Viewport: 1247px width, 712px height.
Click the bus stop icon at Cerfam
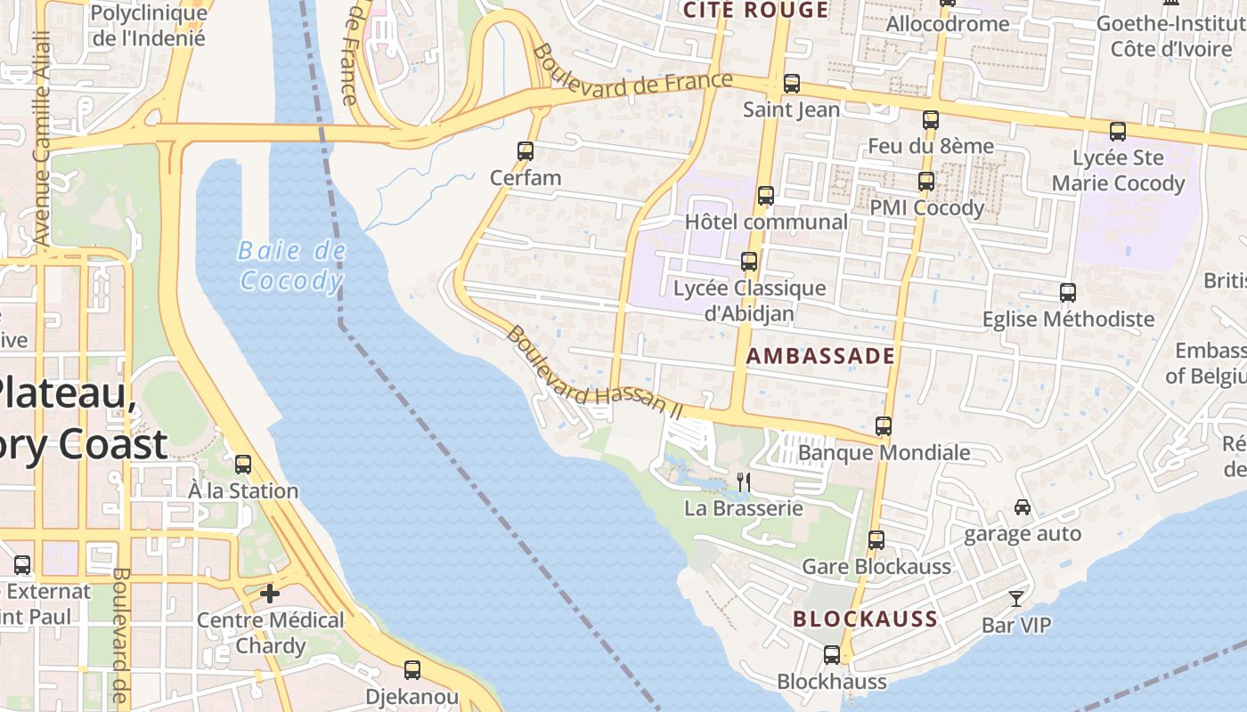click(526, 151)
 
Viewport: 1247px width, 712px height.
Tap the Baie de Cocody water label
click(291, 266)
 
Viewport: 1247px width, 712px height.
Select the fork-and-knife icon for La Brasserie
click(744, 482)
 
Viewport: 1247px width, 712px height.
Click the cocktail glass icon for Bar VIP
click(1015, 598)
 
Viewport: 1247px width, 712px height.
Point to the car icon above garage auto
click(1023, 507)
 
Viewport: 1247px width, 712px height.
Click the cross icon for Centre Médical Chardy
click(270, 593)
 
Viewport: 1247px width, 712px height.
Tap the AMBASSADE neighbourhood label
click(819, 356)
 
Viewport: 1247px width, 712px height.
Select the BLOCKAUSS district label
click(865, 619)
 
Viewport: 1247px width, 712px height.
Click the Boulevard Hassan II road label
click(594, 372)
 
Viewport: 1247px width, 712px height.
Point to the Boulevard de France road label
click(632, 73)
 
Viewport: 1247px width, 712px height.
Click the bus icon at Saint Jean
click(792, 85)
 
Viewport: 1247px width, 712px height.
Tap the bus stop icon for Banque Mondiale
click(884, 426)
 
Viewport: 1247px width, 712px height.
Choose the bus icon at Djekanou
click(412, 669)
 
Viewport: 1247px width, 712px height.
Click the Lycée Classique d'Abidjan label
click(749, 301)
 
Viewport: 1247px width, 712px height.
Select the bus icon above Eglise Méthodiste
click(1067, 292)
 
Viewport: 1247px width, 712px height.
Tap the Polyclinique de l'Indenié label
click(149, 26)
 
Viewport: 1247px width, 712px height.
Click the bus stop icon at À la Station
click(243, 464)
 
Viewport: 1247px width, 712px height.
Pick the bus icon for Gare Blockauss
click(876, 540)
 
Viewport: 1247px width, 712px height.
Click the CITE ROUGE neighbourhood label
click(755, 11)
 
